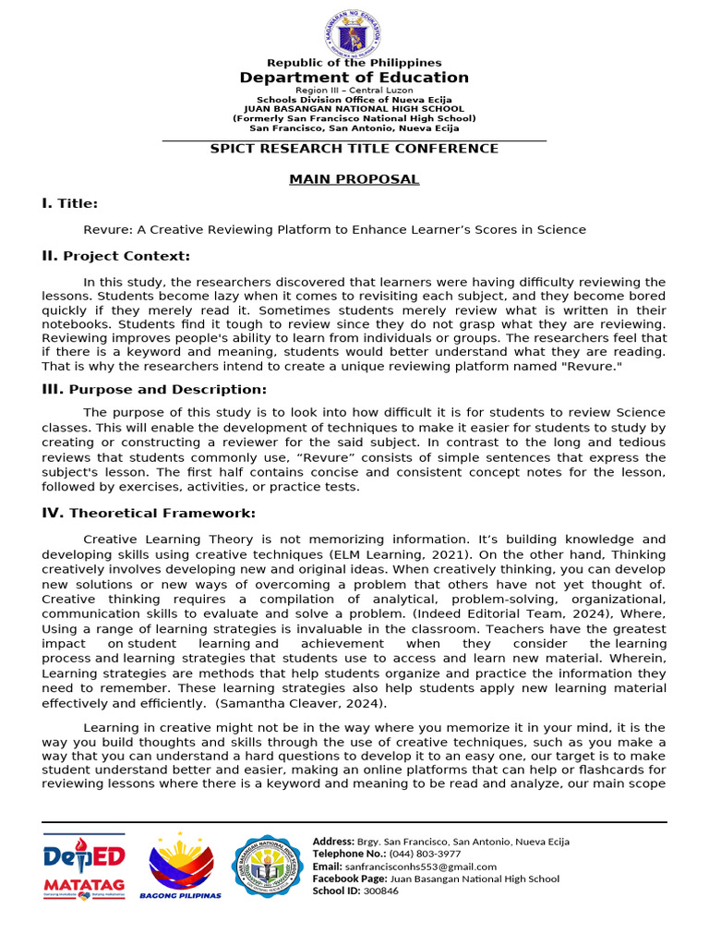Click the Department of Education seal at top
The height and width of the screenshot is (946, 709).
point(354,32)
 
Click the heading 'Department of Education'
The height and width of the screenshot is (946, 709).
point(354,78)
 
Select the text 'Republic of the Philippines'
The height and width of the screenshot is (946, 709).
point(354,63)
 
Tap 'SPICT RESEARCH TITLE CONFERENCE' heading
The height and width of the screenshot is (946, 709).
point(354,149)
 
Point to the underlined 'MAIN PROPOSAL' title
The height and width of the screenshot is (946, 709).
point(354,179)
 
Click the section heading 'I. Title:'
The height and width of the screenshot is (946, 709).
point(69,203)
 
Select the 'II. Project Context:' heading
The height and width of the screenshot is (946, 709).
point(115,256)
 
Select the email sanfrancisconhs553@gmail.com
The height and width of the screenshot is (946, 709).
point(420,867)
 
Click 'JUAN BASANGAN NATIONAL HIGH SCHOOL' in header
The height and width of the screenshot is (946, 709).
point(354,109)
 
